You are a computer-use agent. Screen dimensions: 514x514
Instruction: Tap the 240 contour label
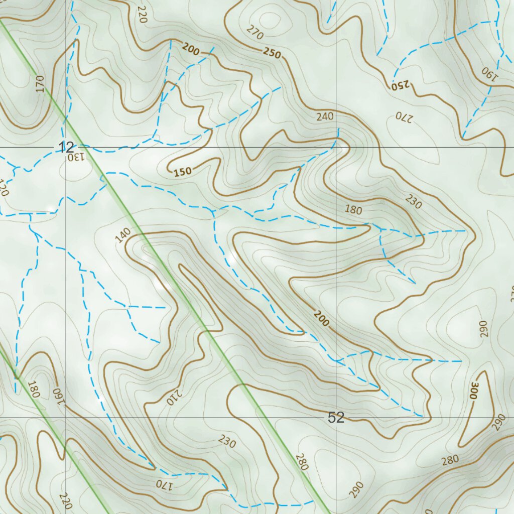(325, 116)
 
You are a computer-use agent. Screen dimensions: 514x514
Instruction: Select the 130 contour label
(74, 157)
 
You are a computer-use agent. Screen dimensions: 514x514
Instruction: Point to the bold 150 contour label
(183, 172)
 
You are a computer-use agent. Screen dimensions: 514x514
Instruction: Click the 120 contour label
(5, 188)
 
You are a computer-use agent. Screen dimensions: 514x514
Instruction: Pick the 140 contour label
(123, 235)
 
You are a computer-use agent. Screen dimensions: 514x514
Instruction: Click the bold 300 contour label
(473, 391)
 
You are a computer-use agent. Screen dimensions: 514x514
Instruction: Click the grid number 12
(66, 148)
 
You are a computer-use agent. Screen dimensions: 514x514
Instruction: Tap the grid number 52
(336, 418)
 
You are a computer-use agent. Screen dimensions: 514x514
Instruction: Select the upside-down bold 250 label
(400, 85)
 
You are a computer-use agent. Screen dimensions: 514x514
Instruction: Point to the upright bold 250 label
(272, 52)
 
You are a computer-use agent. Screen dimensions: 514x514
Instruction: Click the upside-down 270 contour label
(404, 117)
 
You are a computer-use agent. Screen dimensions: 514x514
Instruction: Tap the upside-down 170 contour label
(164, 485)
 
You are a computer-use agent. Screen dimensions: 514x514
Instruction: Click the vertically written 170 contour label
(40, 84)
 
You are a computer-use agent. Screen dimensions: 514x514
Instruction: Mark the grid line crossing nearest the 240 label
(336, 148)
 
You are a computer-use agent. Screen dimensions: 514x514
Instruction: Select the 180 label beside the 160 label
(34, 389)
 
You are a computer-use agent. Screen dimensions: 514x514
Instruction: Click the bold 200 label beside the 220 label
(191, 49)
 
